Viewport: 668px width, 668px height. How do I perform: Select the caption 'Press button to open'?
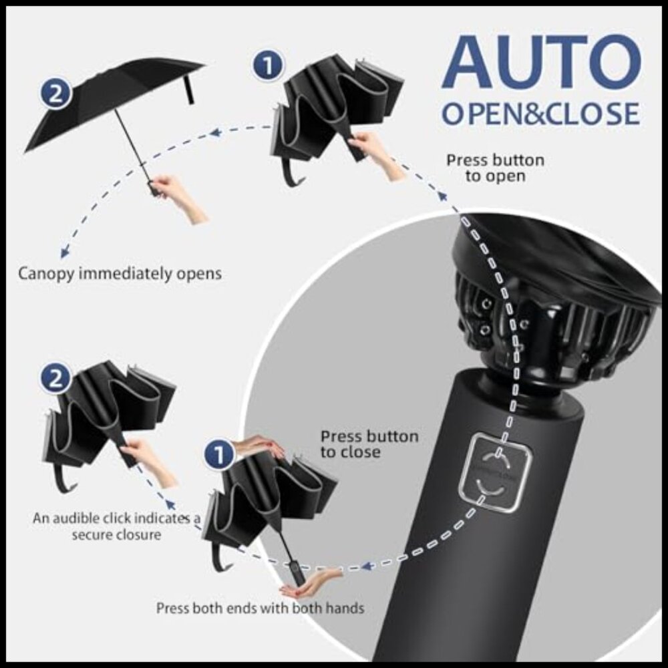tap(495, 168)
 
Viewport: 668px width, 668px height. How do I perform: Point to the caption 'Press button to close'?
tap(369, 444)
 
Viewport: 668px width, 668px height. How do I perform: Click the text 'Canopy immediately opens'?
tap(120, 273)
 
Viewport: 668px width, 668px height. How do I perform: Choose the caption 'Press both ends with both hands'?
tap(260, 609)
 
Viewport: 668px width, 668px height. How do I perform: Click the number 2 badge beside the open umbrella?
tap(55, 93)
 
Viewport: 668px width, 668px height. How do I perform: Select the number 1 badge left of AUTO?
tap(267, 66)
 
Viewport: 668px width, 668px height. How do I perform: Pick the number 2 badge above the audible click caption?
tap(56, 379)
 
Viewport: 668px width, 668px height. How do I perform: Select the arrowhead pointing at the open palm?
tap(366, 566)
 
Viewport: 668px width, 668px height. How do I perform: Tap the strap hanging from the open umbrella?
tap(190, 89)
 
